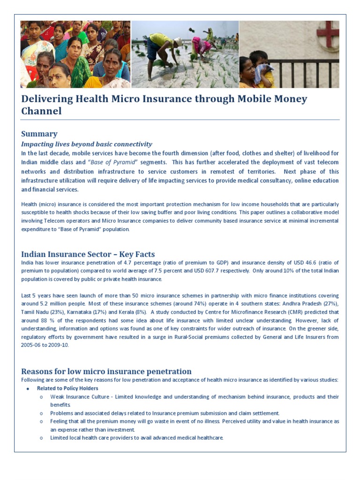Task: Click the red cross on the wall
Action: (x=327, y=35)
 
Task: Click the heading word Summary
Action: (x=39, y=134)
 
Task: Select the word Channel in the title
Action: (x=41, y=111)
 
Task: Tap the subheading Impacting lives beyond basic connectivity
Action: (x=87, y=144)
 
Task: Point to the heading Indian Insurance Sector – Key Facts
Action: (x=88, y=254)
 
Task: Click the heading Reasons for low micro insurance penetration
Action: (x=106, y=371)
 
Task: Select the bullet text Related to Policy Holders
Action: (x=67, y=388)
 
